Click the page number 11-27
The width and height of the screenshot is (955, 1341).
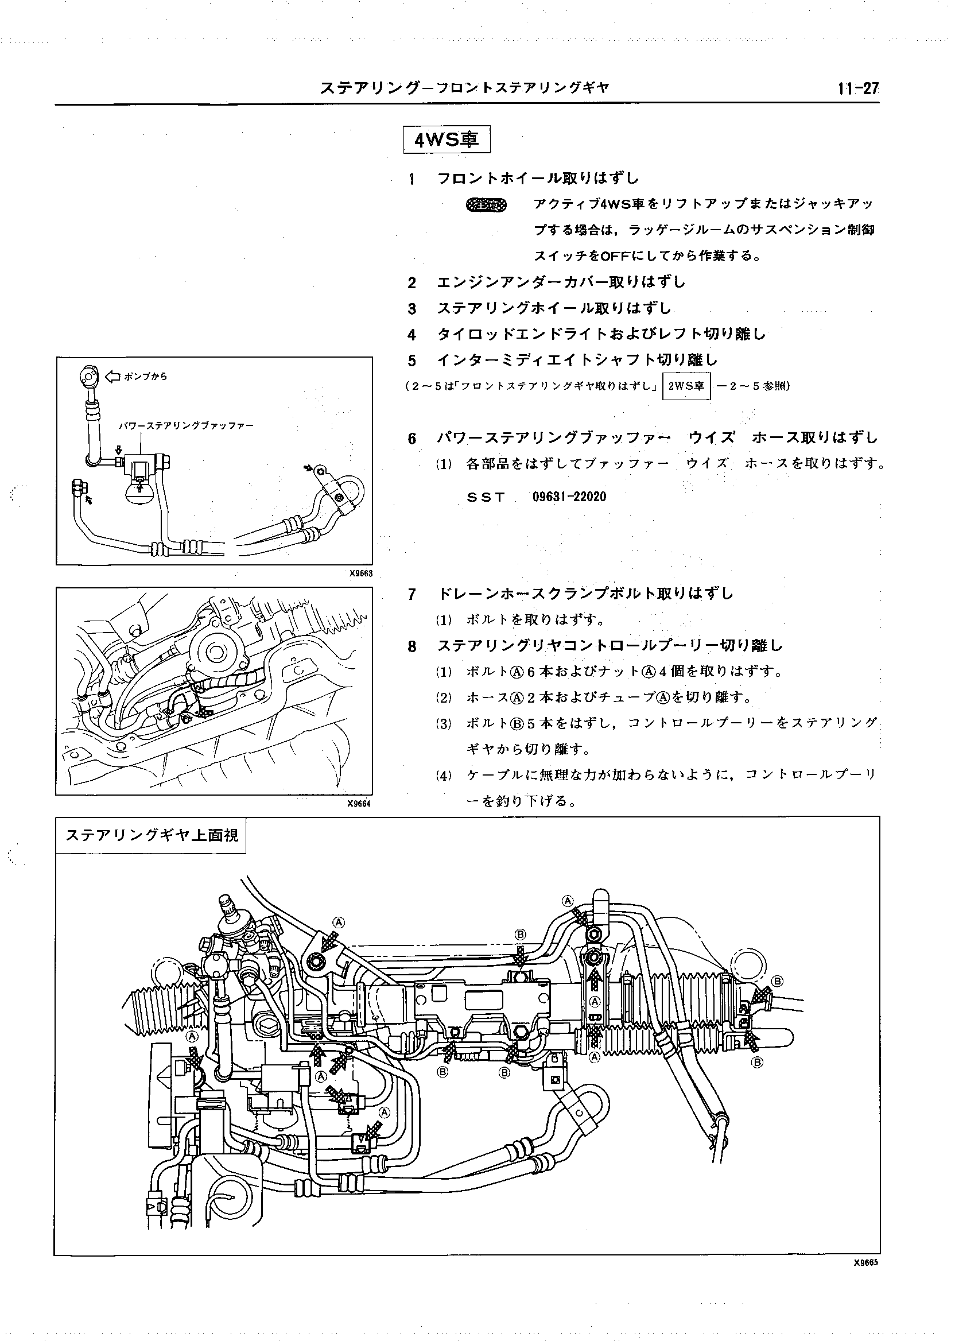click(x=858, y=89)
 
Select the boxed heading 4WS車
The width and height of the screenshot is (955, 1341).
click(x=447, y=140)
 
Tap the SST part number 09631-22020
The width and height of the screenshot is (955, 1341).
click(x=569, y=497)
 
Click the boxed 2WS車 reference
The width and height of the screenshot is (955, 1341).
click(x=686, y=386)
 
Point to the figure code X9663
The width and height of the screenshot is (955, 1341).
click(x=360, y=573)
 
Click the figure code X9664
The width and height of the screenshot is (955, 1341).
click(x=360, y=804)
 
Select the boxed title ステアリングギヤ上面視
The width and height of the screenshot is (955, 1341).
click(x=151, y=835)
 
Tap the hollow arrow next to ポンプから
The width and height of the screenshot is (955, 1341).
click(x=112, y=377)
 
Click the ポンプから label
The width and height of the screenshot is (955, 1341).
click(x=146, y=377)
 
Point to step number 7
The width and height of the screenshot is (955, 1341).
click(x=411, y=594)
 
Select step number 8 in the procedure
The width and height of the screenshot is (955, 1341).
click(x=411, y=646)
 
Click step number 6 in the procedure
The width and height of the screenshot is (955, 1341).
click(x=411, y=439)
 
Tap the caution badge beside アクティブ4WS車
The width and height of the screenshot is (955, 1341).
click(x=486, y=205)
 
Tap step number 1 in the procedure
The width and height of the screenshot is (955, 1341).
click(x=411, y=179)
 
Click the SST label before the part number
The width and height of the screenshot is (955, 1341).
click(x=486, y=497)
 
